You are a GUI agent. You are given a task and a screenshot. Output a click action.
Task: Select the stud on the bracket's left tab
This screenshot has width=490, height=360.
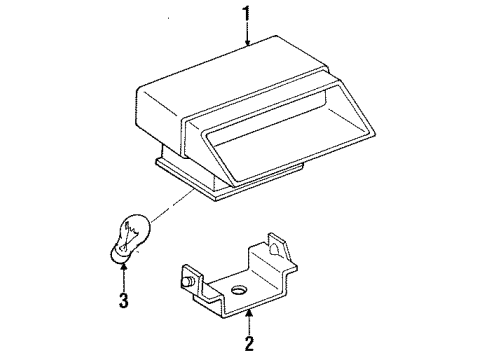[x=187, y=284]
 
